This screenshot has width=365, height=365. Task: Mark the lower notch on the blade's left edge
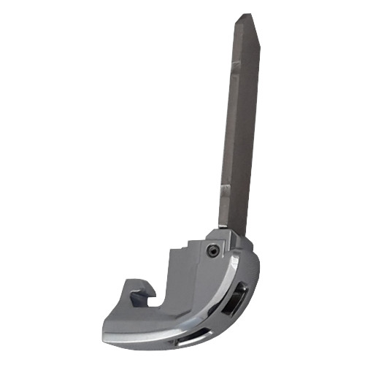(x=225, y=191)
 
